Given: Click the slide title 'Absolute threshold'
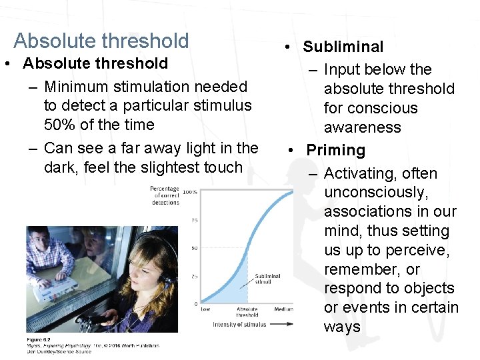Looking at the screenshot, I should pyautogui.click(x=101, y=41).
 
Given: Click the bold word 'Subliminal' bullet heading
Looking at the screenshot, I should pyautogui.click(x=343, y=47).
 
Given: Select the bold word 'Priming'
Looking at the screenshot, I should pyautogui.click(x=335, y=150).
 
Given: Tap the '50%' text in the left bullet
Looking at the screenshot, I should pyautogui.click(x=59, y=125).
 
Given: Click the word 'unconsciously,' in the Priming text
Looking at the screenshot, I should pyautogui.click(x=377, y=193).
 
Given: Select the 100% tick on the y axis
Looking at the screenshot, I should pyautogui.click(x=190, y=193).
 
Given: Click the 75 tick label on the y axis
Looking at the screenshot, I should pyautogui.click(x=194, y=221).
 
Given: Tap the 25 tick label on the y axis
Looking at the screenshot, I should pyautogui.click(x=194, y=276).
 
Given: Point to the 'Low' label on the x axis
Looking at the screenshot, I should pyautogui.click(x=205, y=309).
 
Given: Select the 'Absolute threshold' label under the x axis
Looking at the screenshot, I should pyautogui.click(x=247, y=312).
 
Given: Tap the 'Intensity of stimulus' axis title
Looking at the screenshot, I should pyautogui.click(x=239, y=325).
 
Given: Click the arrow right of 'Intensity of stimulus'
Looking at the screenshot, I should pyautogui.click(x=281, y=325).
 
